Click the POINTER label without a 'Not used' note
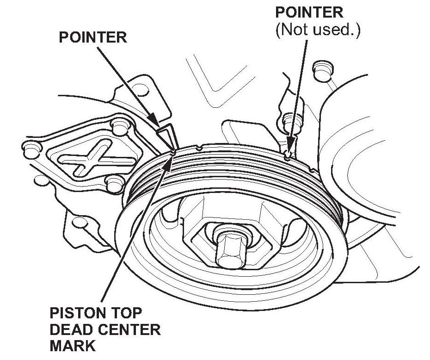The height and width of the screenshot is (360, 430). click(92, 37)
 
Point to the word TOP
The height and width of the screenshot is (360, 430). click(124, 313)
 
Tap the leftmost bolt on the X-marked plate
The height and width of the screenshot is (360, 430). click(30, 149)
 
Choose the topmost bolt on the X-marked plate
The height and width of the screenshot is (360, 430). click(120, 124)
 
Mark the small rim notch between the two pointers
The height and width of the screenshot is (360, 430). click(199, 148)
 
